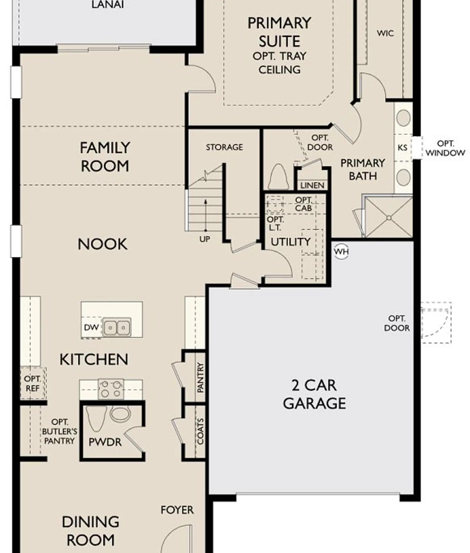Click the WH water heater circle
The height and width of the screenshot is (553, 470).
point(341,252)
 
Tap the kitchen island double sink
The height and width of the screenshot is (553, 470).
point(117,327)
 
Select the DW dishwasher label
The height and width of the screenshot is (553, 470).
point(91,327)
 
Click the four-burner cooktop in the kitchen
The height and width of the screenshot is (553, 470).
point(111,389)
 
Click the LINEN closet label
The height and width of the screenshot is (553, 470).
point(312,185)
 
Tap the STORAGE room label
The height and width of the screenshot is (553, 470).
point(224,147)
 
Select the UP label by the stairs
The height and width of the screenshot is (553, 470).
point(205,239)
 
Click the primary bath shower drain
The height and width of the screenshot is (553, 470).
point(389,218)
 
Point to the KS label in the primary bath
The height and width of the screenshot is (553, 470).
point(402,147)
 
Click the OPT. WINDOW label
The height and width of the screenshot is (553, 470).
point(445,148)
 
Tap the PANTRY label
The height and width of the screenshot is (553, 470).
point(200,377)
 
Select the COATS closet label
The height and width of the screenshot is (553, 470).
point(200,431)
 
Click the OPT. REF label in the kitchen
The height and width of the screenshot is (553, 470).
point(32,384)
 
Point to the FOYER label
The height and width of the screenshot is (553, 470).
point(177,510)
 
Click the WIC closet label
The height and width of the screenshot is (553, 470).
point(385,33)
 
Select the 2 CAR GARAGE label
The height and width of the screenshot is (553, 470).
point(314,394)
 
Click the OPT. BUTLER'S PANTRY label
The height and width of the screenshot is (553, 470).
point(60,431)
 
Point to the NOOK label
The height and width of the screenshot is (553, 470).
point(103,244)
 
